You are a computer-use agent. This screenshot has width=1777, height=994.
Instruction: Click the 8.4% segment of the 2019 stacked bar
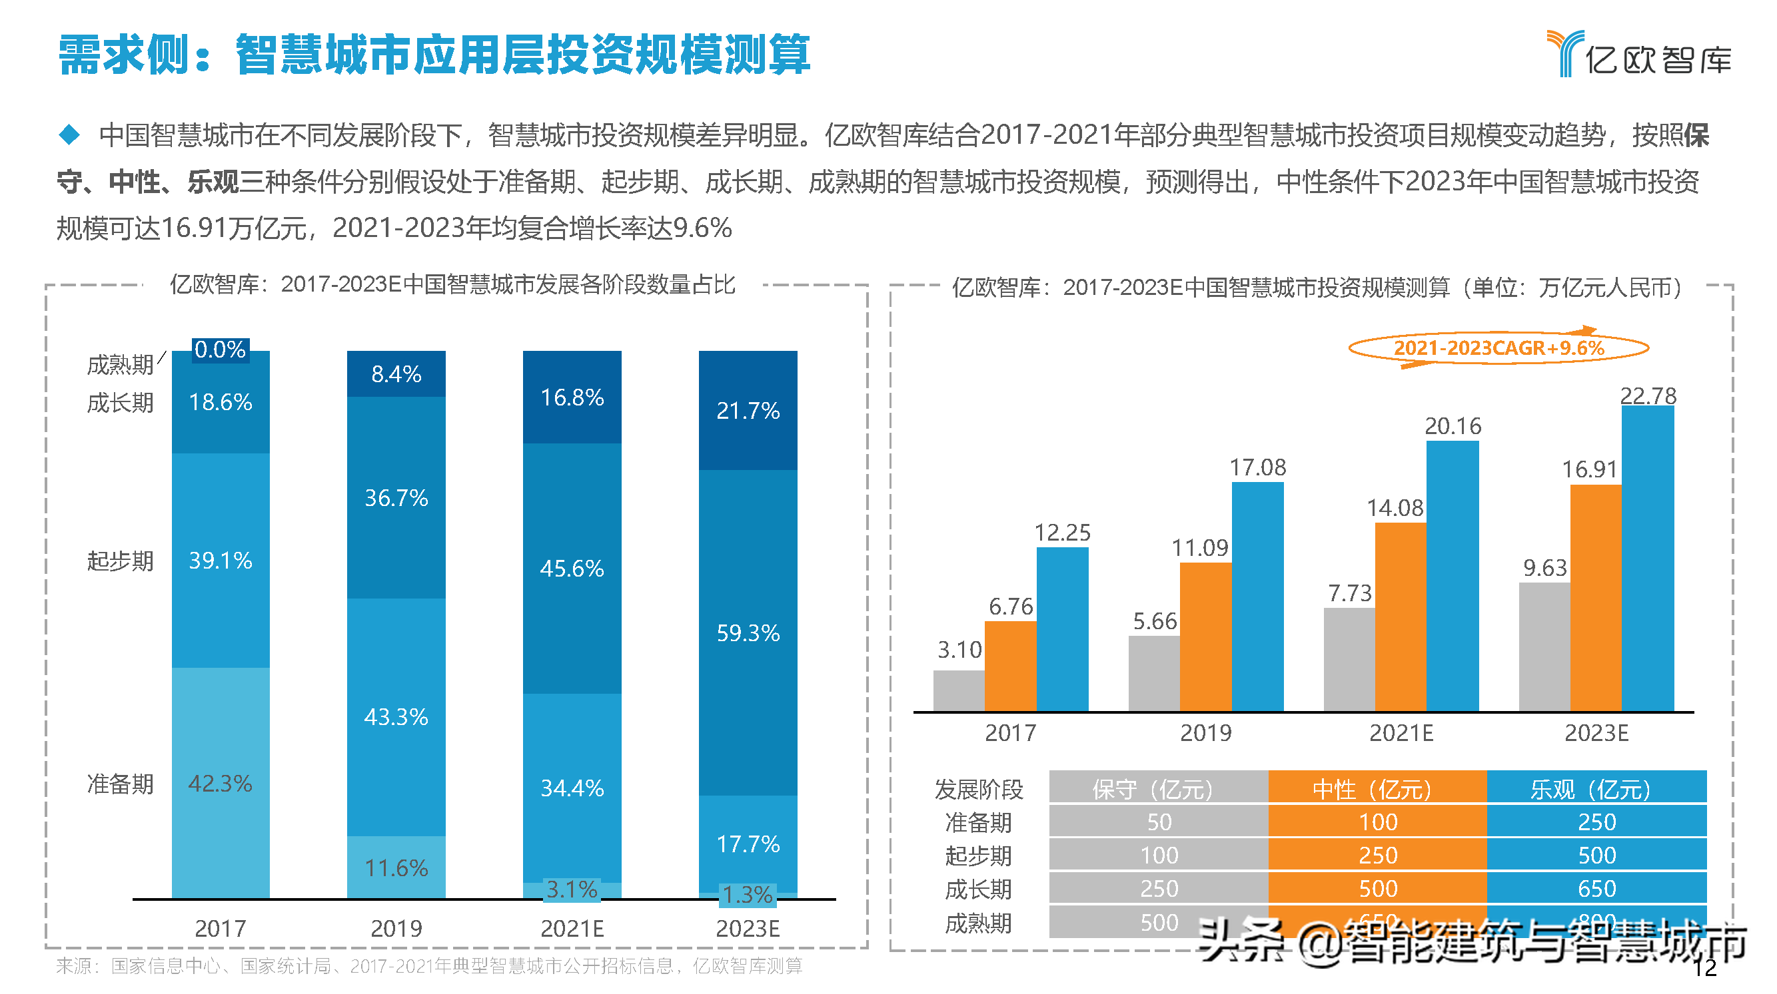[x=396, y=373]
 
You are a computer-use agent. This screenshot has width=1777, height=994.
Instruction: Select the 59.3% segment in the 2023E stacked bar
[x=748, y=632]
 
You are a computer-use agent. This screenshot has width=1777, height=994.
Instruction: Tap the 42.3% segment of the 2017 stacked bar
[x=220, y=783]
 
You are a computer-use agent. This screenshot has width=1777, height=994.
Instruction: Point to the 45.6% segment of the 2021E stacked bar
[x=572, y=568]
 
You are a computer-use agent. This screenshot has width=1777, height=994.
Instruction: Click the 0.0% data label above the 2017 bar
[x=220, y=350]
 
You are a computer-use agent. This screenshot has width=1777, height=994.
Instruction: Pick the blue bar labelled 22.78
[x=1647, y=559]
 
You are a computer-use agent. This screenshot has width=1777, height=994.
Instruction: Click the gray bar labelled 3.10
[x=959, y=690]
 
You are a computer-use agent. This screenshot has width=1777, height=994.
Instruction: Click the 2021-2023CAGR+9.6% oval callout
[x=1498, y=348]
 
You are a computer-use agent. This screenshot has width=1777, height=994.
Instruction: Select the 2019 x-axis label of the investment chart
[x=1205, y=733]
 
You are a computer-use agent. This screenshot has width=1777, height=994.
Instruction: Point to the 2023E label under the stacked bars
[x=748, y=929]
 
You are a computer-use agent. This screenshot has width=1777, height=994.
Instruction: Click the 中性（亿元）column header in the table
[x=1377, y=788]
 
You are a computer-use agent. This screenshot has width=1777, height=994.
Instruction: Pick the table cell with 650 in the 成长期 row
[x=1596, y=889]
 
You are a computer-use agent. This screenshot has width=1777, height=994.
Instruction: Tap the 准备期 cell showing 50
[x=1159, y=822]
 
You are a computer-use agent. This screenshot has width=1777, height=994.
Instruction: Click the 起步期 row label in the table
[x=978, y=856]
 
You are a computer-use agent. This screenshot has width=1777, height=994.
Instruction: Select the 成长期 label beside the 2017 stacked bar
[x=120, y=403]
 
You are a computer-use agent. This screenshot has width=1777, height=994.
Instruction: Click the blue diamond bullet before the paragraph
[x=69, y=134]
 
